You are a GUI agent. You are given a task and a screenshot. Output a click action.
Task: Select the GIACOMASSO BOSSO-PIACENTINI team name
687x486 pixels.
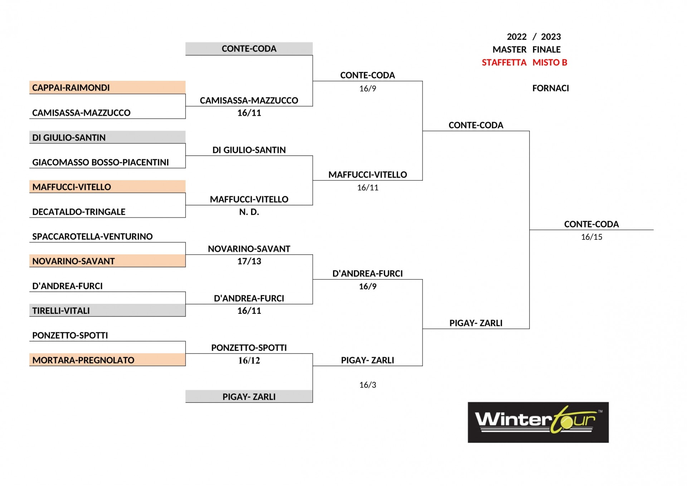pyautogui.click(x=101, y=162)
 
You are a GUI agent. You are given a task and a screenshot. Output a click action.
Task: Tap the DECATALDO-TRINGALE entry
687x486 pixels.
pyautogui.click(x=79, y=212)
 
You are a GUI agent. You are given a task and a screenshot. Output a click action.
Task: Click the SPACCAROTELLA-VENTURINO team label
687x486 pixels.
pyautogui.click(x=92, y=237)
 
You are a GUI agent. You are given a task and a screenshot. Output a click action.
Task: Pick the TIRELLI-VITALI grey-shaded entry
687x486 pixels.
pyautogui.click(x=107, y=310)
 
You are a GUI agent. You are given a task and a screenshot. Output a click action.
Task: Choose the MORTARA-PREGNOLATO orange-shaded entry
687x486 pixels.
pyautogui.click(x=107, y=360)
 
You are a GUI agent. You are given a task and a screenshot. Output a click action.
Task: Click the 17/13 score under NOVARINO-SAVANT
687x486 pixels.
pyautogui.click(x=249, y=261)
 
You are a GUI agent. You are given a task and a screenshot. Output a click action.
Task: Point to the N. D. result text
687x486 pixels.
pyautogui.click(x=249, y=212)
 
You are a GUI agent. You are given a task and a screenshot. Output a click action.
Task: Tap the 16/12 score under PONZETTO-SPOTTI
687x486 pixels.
pyautogui.click(x=249, y=360)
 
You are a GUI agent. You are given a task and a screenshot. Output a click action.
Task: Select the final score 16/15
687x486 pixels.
pyautogui.click(x=591, y=237)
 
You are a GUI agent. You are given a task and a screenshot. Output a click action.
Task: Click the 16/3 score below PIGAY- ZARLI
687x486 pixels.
pyautogui.click(x=368, y=385)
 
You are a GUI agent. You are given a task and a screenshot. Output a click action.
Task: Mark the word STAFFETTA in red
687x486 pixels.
pyautogui.click(x=504, y=63)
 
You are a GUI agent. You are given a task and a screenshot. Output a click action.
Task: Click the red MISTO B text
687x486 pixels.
pyautogui.click(x=550, y=63)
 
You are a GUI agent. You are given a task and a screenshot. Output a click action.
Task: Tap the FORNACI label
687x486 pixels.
pyautogui.click(x=550, y=88)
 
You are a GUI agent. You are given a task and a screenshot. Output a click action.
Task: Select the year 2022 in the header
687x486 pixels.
pyautogui.click(x=517, y=37)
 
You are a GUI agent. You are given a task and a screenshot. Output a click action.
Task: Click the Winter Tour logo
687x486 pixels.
pyautogui.click(x=538, y=422)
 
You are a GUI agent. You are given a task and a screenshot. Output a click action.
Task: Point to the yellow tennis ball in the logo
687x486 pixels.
pyautogui.click(x=566, y=424)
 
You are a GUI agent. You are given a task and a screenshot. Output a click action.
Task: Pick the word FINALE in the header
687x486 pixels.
pyautogui.click(x=546, y=49)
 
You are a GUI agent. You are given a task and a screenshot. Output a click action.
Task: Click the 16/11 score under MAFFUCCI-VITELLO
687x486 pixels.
pyautogui.click(x=368, y=188)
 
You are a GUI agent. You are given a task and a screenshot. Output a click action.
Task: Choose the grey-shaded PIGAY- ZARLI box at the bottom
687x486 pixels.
pyautogui.click(x=249, y=396)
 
